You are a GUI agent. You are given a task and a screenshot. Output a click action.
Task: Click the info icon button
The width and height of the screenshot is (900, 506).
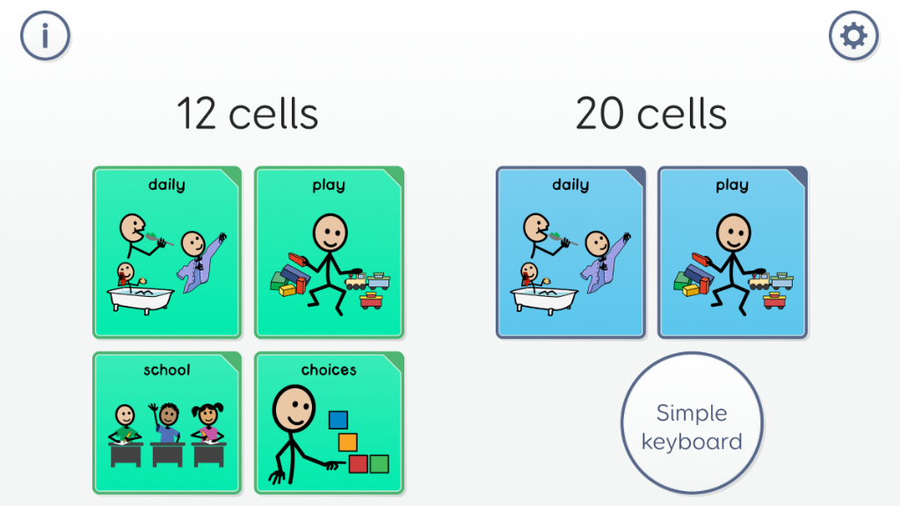pos(46,35)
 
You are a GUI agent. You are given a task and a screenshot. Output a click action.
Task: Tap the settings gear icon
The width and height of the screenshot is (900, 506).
pos(853,35)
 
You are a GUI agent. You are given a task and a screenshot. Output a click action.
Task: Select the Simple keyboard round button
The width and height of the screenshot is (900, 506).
pos(692,423)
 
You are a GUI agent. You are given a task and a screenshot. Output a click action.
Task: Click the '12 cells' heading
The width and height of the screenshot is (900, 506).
pos(247,113)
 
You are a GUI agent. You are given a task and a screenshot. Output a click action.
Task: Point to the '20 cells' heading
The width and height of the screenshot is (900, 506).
pos(651,113)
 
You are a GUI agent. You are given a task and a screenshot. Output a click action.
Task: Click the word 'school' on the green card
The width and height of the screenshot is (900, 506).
pos(166,370)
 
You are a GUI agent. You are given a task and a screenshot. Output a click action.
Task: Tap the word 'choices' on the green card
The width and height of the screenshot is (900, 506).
pos(329,370)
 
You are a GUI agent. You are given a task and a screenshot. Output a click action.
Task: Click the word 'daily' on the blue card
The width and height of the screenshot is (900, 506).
pos(570,185)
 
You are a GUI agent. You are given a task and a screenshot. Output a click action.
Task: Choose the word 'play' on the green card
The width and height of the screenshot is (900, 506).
pos(329,186)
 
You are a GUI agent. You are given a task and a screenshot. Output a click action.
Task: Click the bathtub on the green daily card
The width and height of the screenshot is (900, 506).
pos(141,299)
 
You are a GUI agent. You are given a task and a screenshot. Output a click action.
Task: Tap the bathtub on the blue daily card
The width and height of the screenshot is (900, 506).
pos(544,299)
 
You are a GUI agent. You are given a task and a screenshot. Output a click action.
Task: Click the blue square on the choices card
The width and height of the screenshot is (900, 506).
pos(338,420)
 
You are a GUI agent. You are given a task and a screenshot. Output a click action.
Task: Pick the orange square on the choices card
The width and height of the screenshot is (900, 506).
pos(348,443)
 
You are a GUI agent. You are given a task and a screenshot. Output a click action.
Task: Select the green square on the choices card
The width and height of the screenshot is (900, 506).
pos(379,464)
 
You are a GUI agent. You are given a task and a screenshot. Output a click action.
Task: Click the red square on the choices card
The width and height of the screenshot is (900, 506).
pos(359,464)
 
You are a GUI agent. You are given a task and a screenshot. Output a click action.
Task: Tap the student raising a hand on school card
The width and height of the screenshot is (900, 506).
pos(167,423)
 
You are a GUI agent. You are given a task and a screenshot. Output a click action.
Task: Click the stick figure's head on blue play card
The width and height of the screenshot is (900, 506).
pos(734,233)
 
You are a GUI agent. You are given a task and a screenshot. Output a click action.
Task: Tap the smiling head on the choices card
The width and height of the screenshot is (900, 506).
pos(294,408)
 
